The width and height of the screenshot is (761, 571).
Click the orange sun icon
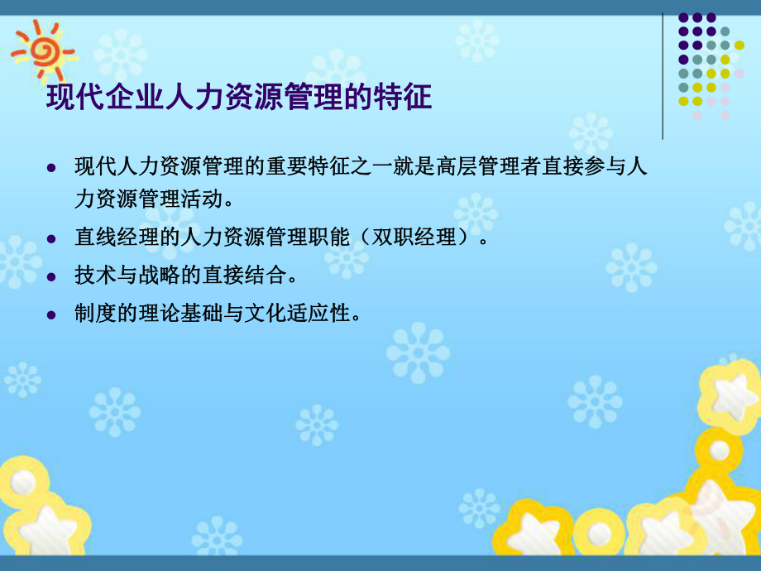42,50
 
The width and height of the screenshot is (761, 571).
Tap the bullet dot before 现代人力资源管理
52,167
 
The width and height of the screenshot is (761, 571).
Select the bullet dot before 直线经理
52,240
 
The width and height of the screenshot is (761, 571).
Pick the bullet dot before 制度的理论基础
52,314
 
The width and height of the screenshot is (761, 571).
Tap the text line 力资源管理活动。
150,199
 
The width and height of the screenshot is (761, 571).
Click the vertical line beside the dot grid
663,74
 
